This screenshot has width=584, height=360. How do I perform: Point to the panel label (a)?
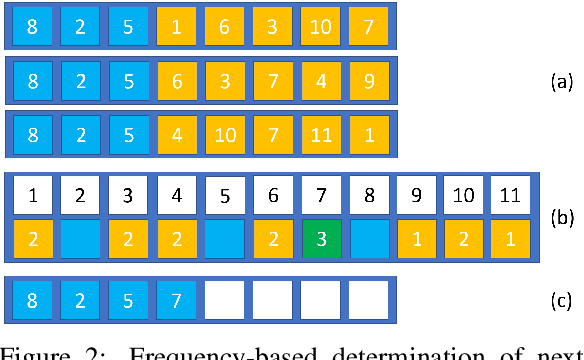(562, 82)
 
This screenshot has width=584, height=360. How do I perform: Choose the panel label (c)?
(562, 299)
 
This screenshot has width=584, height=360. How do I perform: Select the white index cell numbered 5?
(225, 195)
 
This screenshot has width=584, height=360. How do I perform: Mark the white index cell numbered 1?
(32, 195)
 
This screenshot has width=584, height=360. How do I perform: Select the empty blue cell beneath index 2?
(80, 241)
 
